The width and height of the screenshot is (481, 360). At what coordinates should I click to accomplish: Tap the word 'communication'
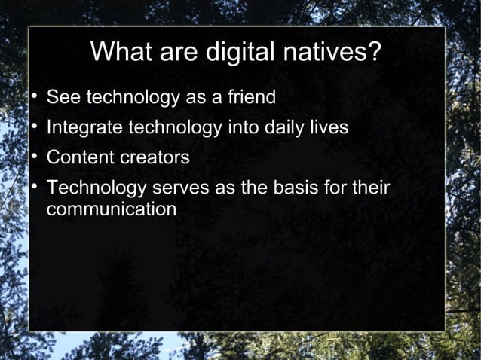tap(112, 209)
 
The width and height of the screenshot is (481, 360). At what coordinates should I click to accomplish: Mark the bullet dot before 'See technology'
tap(33, 98)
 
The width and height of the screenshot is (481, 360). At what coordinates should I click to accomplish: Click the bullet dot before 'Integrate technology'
tap(33, 128)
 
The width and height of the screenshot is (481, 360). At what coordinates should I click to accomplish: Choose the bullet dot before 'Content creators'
tap(33, 158)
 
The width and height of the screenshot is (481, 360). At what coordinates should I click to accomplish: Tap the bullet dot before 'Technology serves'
tap(33, 188)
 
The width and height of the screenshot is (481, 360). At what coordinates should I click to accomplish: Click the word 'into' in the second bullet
tap(244, 129)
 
